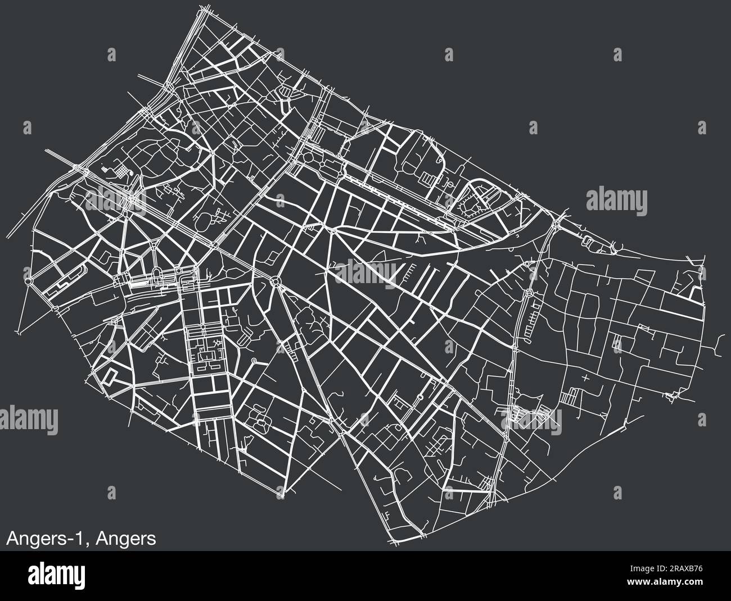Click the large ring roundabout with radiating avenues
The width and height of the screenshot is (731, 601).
276,281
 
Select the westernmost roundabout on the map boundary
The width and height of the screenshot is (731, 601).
29,279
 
